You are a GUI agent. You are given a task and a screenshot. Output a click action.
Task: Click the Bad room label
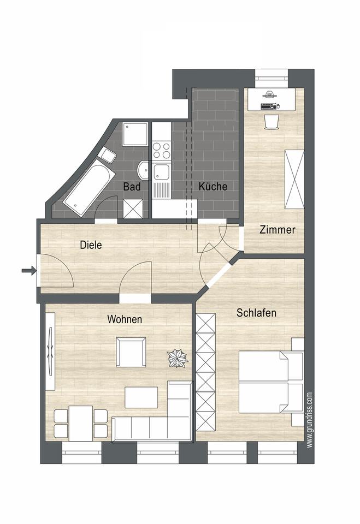(132, 187)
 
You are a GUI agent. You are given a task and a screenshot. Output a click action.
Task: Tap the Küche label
(213, 186)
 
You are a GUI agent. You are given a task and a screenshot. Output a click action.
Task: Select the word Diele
(91, 245)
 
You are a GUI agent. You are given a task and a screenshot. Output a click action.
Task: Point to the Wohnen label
(125, 319)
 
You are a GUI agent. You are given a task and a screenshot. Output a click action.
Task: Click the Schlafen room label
(256, 313)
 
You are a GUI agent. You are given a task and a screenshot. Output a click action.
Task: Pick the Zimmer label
(278, 230)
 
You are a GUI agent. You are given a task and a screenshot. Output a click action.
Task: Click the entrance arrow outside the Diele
(29, 270)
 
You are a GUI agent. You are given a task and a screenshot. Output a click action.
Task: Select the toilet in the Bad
(107, 155)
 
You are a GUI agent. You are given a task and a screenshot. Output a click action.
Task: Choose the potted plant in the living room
(178, 358)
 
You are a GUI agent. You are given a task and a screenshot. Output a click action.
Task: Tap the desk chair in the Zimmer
(271, 122)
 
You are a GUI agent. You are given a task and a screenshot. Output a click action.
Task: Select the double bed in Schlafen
(270, 382)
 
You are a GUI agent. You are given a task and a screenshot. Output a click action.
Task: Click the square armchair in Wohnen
(131, 352)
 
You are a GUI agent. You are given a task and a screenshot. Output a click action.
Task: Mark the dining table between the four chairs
(81, 423)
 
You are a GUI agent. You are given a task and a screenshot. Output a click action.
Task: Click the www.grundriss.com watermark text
(310, 420)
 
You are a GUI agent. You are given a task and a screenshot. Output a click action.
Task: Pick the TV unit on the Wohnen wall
(50, 351)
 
